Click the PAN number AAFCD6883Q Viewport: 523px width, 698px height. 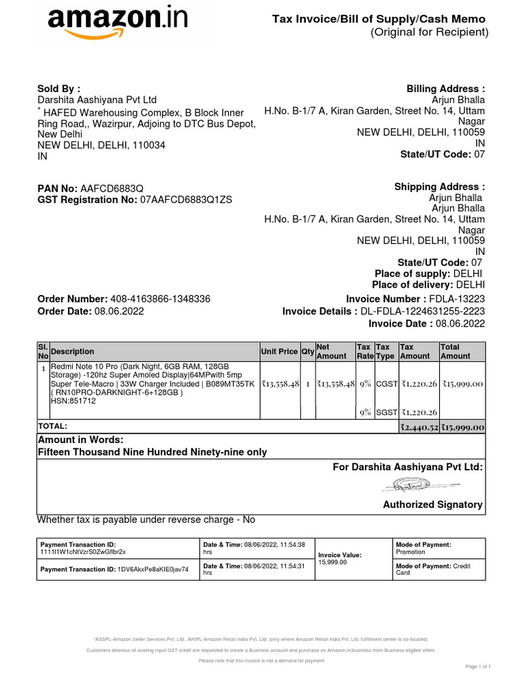(112, 187)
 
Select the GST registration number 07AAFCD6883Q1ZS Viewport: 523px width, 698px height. (186, 199)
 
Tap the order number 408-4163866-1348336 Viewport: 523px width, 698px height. (160, 299)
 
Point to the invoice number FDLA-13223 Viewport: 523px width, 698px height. (456, 299)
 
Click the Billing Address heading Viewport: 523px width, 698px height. (445, 89)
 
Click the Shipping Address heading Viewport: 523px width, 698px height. (439, 187)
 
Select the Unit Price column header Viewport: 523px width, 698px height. (279, 352)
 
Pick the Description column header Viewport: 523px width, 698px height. (72, 352)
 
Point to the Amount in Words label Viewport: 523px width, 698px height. (80, 440)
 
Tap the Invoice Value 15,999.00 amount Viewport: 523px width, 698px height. (332, 562)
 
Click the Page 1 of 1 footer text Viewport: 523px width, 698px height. (477, 666)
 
